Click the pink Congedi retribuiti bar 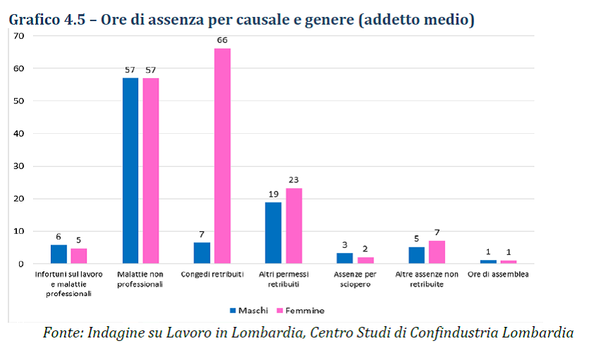[x=222, y=156]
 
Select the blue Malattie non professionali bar [x=130, y=170]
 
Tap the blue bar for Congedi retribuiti [x=201, y=253]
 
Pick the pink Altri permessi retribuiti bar [x=294, y=225]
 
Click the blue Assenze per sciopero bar [x=344, y=259]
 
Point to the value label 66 [x=222, y=40]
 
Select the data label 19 [x=273, y=194]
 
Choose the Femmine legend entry [x=304, y=310]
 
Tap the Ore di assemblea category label [x=498, y=274]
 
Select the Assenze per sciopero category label [x=355, y=278]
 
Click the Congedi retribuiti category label [x=212, y=274]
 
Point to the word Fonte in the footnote [x=62, y=333]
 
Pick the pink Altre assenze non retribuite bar [x=437, y=252]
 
